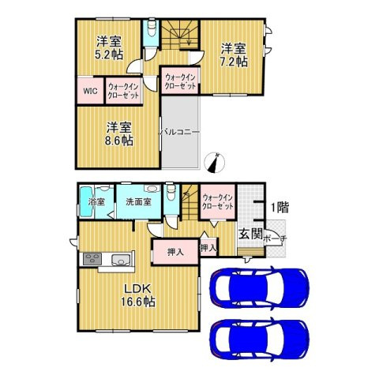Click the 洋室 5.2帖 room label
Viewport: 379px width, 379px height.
tap(109, 47)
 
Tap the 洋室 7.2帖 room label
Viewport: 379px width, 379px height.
tap(234, 54)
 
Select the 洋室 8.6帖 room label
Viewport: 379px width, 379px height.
tap(119, 133)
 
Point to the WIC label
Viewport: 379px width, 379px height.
tap(89, 90)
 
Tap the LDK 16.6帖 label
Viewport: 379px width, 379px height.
tap(136, 295)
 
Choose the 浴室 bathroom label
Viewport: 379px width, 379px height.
tap(96, 202)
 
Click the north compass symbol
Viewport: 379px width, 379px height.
tap(212, 163)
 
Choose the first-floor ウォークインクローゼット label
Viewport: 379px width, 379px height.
tap(217, 201)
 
